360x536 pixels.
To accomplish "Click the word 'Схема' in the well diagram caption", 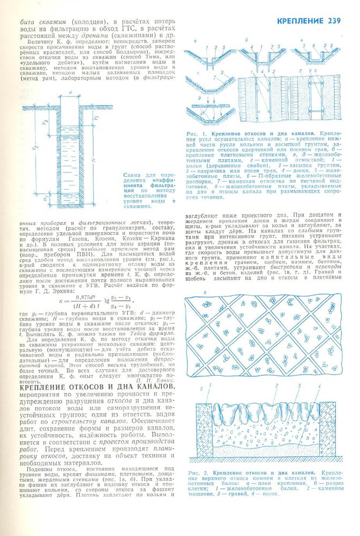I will coord(133,175).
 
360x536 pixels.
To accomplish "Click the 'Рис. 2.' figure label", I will coord(198,472).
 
